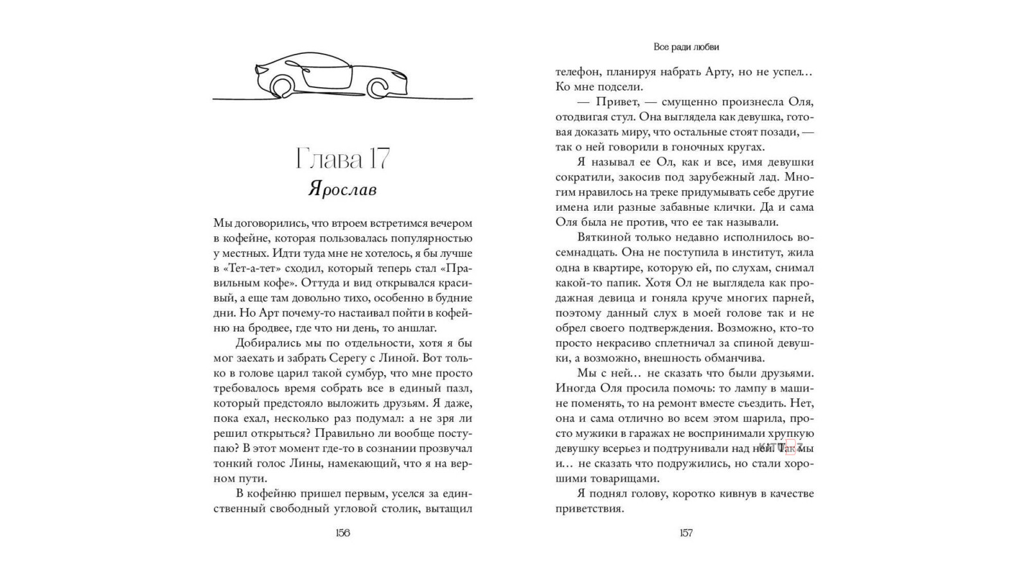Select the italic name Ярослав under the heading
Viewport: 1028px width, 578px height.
pos(342,189)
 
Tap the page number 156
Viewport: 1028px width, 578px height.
pos(342,533)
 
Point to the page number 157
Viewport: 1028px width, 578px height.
pos(686,533)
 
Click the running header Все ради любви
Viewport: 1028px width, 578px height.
pos(686,47)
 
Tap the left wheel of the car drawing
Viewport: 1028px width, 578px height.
pos(281,87)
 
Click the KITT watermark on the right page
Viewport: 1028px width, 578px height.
pos(780,448)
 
